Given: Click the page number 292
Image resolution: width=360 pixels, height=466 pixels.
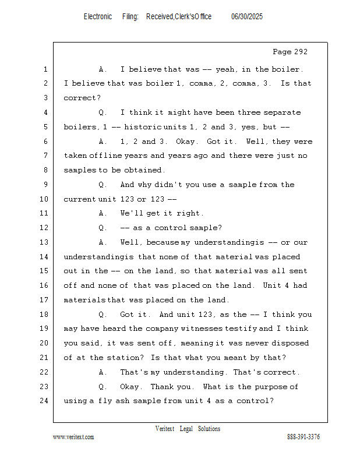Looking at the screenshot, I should click(300, 52).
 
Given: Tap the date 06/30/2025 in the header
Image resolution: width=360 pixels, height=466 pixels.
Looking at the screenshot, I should click(247, 16).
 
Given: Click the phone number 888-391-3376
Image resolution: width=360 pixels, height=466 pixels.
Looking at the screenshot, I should click(303, 437).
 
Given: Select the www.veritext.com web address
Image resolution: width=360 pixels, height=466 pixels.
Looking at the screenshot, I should click(73, 437).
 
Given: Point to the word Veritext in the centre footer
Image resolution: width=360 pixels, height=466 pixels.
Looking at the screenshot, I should click(165, 429).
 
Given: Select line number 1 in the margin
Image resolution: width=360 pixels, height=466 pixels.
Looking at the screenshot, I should click(45, 69).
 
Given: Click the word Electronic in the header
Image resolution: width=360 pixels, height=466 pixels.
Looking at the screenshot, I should click(98, 16).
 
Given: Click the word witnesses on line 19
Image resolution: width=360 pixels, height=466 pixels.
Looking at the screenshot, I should click(214, 329).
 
